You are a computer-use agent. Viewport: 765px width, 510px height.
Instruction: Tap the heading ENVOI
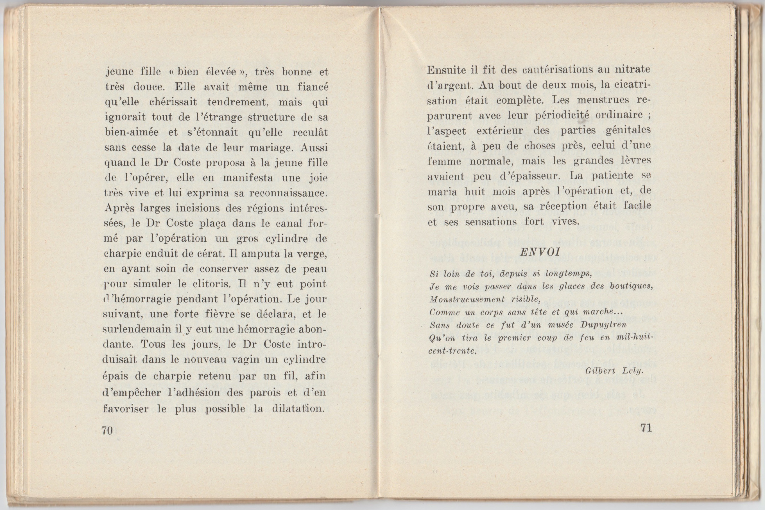(540, 252)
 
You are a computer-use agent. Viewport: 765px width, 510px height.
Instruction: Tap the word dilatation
(299, 408)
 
